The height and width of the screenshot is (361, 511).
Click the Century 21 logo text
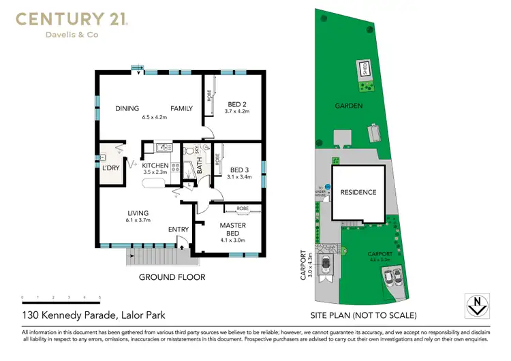pos(71,20)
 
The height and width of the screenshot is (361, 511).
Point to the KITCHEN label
pos(155,166)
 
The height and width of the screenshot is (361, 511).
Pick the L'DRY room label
pos(110,168)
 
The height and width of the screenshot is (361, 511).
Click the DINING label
pos(127,108)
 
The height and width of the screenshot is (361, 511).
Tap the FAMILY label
pos(181,108)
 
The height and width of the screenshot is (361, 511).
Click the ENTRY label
pos(179,230)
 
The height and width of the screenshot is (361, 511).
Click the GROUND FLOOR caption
pos(172,277)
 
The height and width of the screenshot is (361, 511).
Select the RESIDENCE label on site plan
pos(358,192)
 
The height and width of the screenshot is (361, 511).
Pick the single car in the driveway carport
pos(326,264)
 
